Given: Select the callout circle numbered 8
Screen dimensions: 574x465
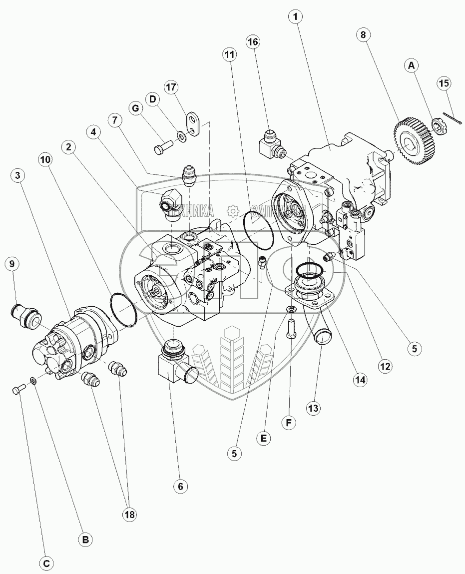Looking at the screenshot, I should coord(363,35).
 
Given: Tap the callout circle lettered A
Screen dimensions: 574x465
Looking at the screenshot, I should coord(412,65).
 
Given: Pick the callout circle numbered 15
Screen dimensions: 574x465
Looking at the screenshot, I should coord(444,83).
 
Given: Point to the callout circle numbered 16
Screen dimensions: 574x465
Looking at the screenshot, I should coord(253,42).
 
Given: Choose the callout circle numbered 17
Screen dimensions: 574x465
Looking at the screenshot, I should coord(171,87).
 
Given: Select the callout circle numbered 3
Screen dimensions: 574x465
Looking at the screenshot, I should coord(18,175).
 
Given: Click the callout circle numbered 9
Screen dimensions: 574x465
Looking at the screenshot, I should coord(13,263).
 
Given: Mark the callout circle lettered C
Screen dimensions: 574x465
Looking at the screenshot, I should coord(46,564).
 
